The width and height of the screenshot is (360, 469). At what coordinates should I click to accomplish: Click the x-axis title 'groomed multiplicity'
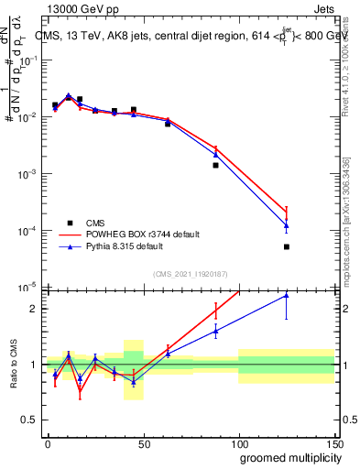click(x=288, y=456)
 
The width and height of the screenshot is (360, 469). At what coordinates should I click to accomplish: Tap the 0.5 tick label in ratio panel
click(x=29, y=420)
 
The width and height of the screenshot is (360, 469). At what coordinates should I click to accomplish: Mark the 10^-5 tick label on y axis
click(x=27, y=288)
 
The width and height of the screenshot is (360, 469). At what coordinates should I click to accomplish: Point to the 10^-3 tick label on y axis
click(x=27, y=173)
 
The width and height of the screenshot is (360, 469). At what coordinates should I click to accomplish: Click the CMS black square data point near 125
click(x=287, y=246)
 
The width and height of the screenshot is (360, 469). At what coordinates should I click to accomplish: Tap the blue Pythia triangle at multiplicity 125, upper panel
click(x=287, y=225)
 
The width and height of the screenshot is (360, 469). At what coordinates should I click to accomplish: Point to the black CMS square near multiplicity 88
click(x=215, y=165)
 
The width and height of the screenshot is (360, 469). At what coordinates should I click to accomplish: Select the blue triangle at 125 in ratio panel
click(x=287, y=295)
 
